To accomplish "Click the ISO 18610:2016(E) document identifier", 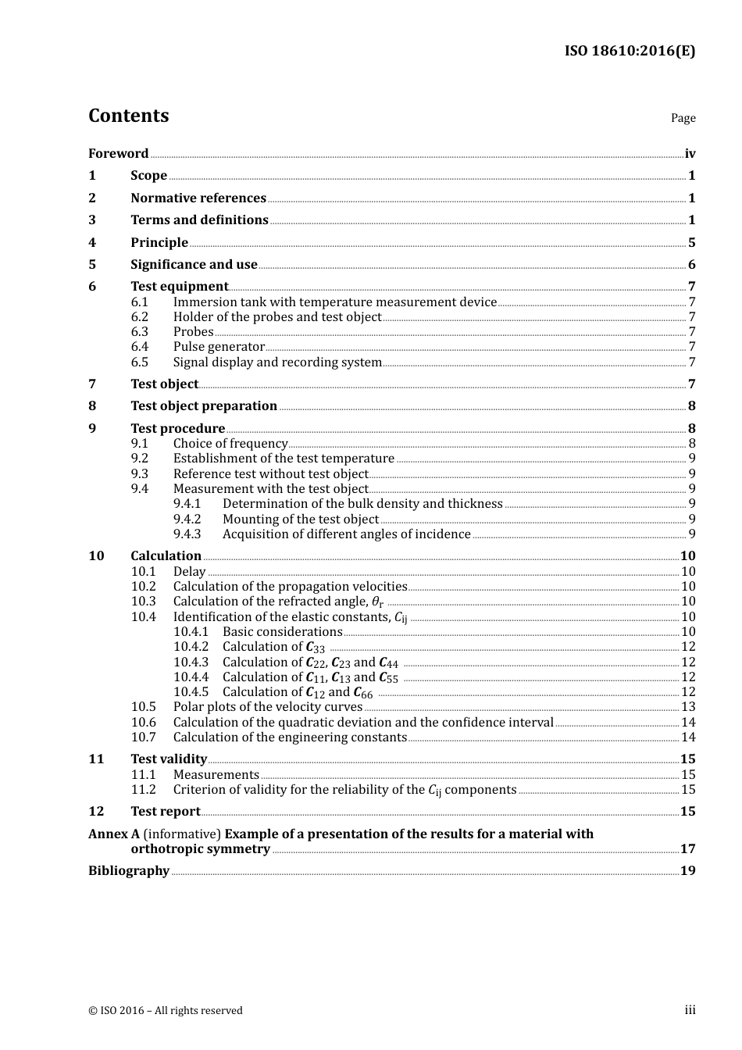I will (630, 52).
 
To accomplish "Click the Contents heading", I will (128, 116).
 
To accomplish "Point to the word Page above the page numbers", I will (683, 118).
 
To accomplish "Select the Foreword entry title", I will (118, 154).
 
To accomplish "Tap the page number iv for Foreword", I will (690, 154).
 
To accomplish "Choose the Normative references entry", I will (198, 198).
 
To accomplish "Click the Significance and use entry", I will (194, 265).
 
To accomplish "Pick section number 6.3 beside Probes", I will (140, 332).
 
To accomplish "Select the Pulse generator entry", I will (219, 347).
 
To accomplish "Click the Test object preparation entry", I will (204, 406).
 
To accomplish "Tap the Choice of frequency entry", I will (230, 444).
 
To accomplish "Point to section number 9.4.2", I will (187, 520).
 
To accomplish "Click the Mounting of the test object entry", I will (301, 520).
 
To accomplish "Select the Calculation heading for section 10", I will (166, 556).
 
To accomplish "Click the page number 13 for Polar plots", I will (688, 707).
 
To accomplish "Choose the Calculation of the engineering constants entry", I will (290, 737).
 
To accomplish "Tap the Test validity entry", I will (169, 759).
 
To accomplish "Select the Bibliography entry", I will (129, 871).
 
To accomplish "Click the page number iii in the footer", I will (690, 1010).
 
